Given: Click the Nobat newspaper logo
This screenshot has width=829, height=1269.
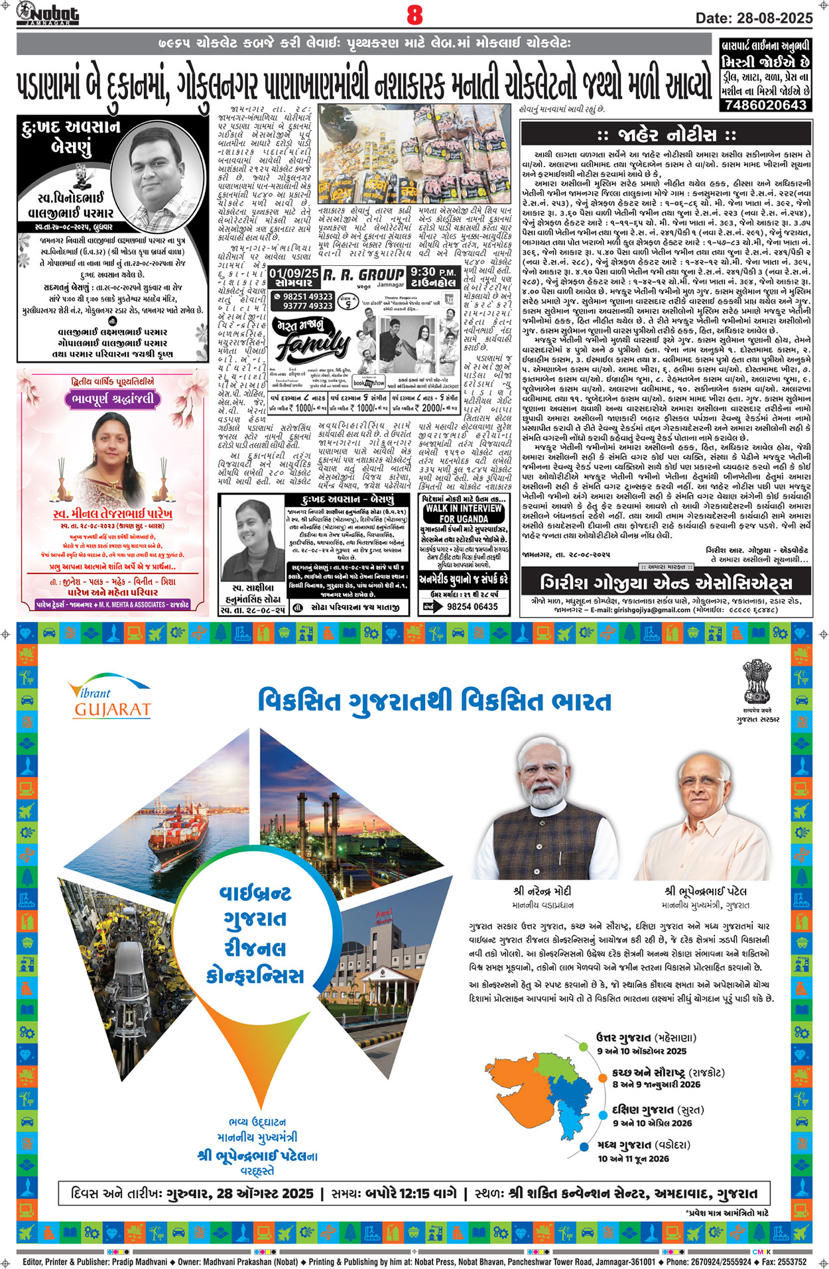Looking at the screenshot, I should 48,13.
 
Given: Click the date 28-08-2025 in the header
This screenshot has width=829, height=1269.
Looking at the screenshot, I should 754,18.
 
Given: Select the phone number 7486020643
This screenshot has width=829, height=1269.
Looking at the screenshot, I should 765,105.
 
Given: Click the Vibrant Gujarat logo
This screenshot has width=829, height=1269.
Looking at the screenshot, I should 110,700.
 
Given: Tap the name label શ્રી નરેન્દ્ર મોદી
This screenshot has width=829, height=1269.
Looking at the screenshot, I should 542,891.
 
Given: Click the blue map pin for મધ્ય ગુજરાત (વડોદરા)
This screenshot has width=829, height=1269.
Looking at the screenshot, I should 584,1146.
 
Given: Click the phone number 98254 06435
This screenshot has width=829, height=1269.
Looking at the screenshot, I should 472,606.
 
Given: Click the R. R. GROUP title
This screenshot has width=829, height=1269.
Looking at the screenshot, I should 363,274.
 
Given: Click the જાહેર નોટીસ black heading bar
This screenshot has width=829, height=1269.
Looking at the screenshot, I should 666,135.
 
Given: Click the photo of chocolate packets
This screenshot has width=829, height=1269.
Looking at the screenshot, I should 414,154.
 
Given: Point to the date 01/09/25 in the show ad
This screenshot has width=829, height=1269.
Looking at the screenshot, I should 294,273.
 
